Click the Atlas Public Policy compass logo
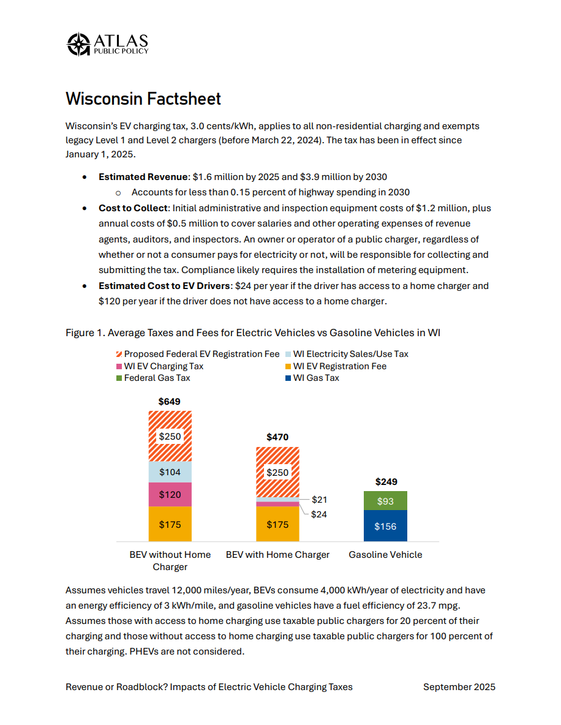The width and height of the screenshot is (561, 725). [x=78, y=44]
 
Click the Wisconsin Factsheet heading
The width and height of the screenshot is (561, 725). [x=143, y=99]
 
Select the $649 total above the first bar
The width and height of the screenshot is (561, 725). [x=170, y=402]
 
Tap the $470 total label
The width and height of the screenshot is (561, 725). [x=277, y=437]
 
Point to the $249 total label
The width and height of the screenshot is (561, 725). [x=385, y=481]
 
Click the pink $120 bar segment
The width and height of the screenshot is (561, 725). [x=170, y=494]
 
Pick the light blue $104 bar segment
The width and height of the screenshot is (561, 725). [x=170, y=472]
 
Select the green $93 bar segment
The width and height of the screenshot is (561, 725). [x=385, y=501]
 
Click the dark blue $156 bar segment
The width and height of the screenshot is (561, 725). [x=385, y=526]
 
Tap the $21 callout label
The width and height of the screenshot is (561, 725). [x=319, y=500]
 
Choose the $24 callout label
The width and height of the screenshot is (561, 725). [x=319, y=514]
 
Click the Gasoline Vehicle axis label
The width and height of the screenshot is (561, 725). [x=385, y=555]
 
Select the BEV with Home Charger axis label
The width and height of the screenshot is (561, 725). [x=277, y=555]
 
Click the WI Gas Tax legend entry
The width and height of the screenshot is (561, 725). [x=315, y=378]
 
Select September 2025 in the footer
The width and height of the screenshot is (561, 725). [x=459, y=687]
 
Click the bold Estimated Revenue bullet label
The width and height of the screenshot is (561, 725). [x=143, y=177]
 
